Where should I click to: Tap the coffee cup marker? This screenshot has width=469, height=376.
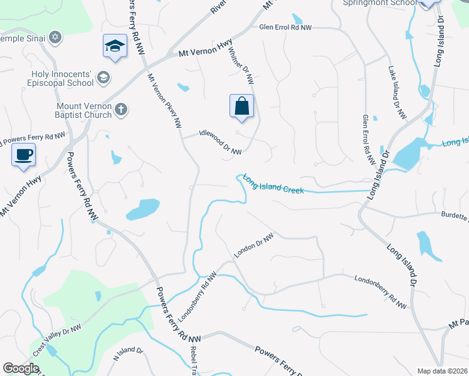pyautogui.click(x=24, y=155)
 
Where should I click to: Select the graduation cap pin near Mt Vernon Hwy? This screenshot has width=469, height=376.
pyautogui.click(x=115, y=46)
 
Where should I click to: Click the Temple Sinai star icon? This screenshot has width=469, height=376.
pyautogui.click(x=56, y=38)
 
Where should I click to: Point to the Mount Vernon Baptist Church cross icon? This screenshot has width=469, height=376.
pyautogui.click(x=121, y=110)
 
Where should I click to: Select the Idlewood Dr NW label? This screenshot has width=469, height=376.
pyautogui.click(x=220, y=143)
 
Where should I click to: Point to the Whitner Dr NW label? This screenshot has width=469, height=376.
pyautogui.click(x=241, y=65)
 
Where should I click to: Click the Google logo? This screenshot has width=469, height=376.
pyautogui.click(x=21, y=368)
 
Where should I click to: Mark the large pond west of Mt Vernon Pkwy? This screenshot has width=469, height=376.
pyautogui.click(x=143, y=209)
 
